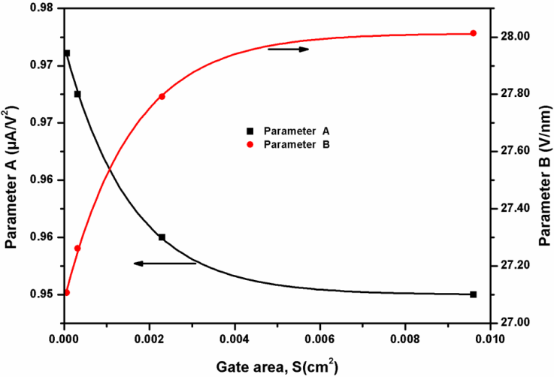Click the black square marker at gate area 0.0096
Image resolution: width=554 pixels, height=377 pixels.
click(x=473, y=294)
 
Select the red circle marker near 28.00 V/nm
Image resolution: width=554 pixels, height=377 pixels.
click(x=473, y=33)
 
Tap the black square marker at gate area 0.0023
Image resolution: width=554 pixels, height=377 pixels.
click(x=162, y=237)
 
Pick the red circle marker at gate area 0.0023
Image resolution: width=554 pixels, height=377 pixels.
click(x=162, y=96)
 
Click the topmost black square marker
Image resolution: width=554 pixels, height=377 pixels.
click(x=67, y=53)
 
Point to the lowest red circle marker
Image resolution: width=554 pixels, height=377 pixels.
click(x=66, y=292)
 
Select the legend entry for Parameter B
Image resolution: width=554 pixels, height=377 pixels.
click(x=283, y=143)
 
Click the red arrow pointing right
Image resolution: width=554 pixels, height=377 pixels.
click(x=288, y=50)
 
